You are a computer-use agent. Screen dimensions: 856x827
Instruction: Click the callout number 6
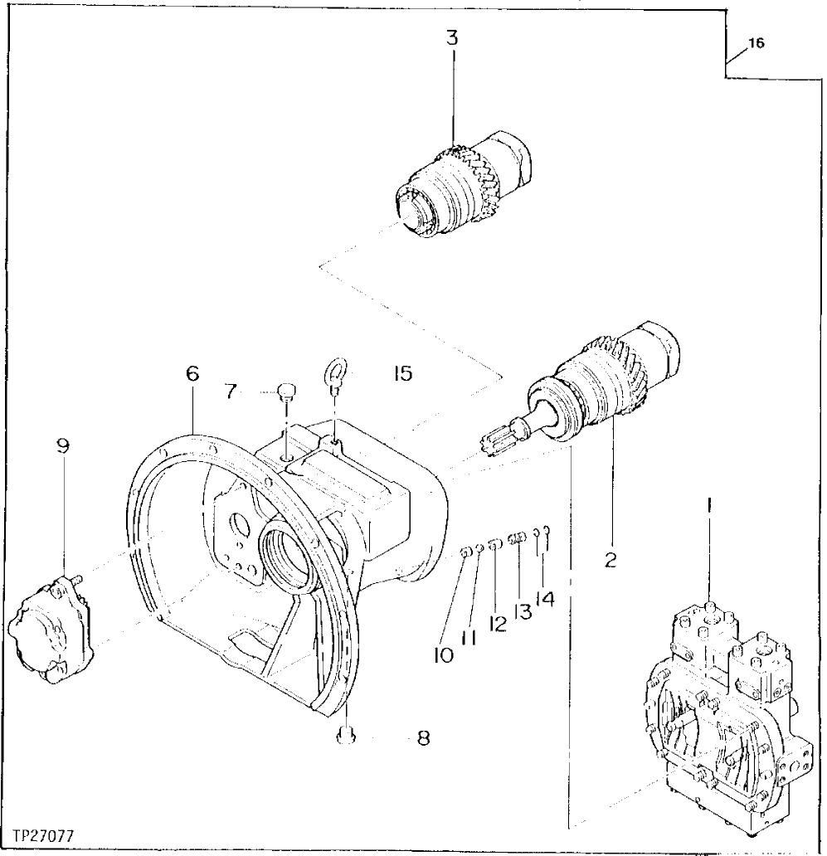tap(192, 373)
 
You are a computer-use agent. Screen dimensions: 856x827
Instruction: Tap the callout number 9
tap(63, 445)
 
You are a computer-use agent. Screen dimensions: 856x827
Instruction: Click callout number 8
tap(423, 737)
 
